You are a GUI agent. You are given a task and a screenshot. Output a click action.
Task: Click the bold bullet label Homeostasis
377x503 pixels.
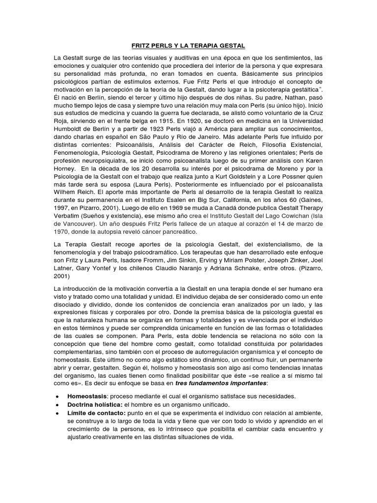(86, 396)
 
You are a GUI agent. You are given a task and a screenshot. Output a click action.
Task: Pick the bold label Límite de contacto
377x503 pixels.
(97, 414)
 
